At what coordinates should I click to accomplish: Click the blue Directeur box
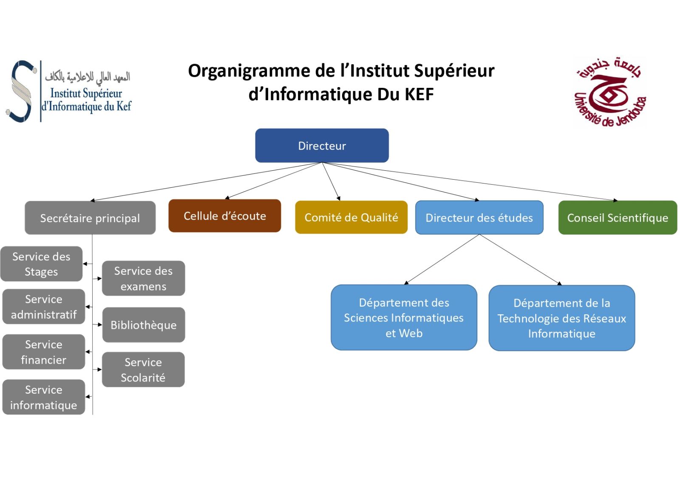[322, 146]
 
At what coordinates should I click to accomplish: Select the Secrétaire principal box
[90, 218]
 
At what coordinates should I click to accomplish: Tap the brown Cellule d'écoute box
[224, 216]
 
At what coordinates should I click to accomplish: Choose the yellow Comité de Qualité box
[351, 217]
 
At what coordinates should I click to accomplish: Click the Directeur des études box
[479, 217]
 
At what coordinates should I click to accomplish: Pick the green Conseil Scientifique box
[618, 217]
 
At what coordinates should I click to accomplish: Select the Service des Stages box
[41, 264]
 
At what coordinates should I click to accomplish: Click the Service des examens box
[143, 278]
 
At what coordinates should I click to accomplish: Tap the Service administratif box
[43, 307]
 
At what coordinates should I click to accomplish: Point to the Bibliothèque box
[143, 325]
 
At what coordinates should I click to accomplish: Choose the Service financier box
[43, 352]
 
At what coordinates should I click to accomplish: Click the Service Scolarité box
[143, 370]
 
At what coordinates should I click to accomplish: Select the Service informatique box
[43, 397]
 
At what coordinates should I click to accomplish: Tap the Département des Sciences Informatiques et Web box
[404, 318]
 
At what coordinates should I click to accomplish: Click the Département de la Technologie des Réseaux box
[561, 318]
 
